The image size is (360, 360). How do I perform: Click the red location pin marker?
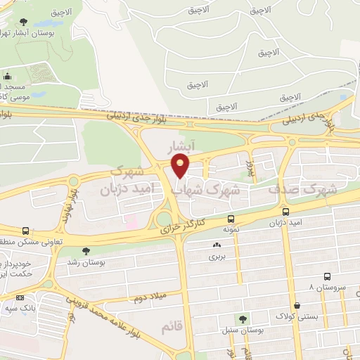point(180,166)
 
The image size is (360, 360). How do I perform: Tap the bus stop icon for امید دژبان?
point(285,212)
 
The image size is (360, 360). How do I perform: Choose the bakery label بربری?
point(216,257)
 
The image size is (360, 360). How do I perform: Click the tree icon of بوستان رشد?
point(86,251)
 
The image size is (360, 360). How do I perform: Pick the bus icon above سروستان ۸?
point(327,278)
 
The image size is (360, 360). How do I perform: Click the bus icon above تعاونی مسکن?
point(25,231)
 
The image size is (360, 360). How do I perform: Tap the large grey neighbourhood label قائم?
point(171,328)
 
